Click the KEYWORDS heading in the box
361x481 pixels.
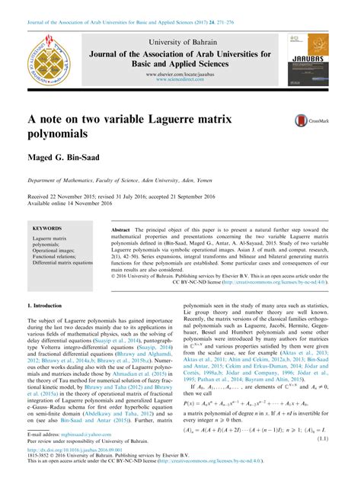tap(48, 229)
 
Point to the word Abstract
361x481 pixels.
tap(121, 229)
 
